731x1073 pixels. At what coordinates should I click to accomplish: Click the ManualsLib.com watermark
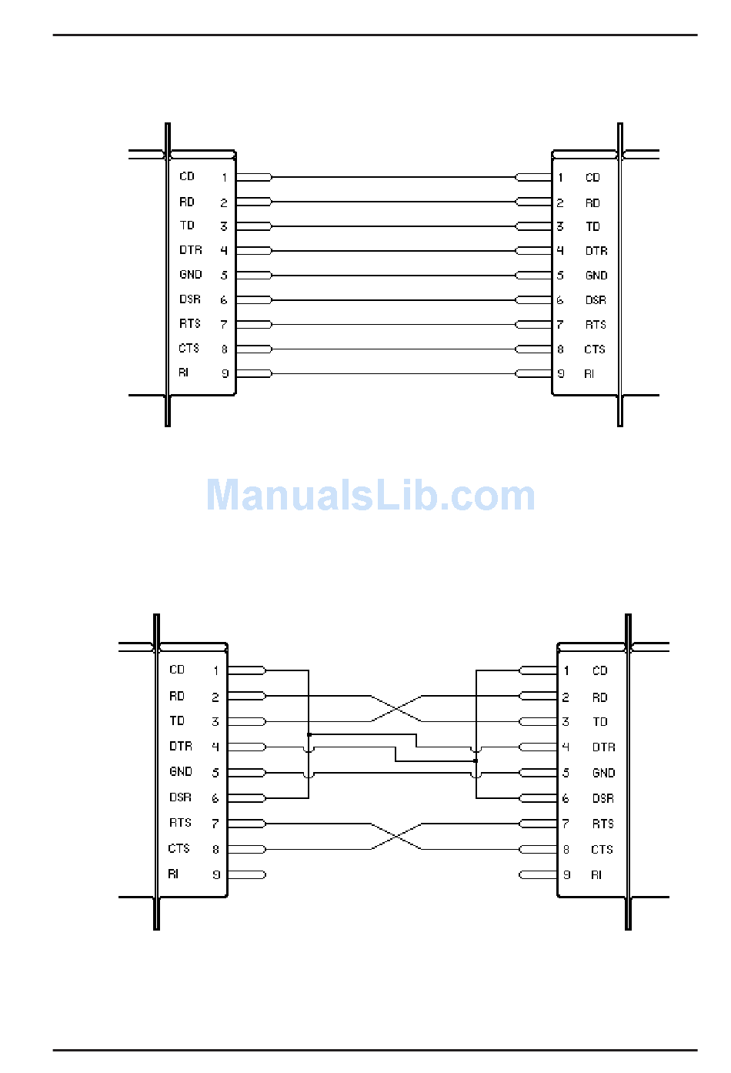(x=370, y=495)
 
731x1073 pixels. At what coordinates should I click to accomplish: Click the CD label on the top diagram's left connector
(x=187, y=176)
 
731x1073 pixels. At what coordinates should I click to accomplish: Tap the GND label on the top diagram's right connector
(x=596, y=276)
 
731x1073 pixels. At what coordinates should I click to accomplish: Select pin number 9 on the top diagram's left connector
(x=225, y=373)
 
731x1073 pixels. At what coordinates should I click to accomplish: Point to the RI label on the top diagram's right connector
(x=589, y=373)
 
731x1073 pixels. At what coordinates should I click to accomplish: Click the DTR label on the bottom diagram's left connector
(x=181, y=747)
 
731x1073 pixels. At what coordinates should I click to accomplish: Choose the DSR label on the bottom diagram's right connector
(x=602, y=798)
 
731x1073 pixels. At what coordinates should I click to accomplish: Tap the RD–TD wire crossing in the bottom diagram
(x=396, y=708)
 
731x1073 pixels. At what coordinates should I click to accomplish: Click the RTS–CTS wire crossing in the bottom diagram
(x=396, y=837)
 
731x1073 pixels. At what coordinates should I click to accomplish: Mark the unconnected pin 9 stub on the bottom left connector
(x=246, y=874)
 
